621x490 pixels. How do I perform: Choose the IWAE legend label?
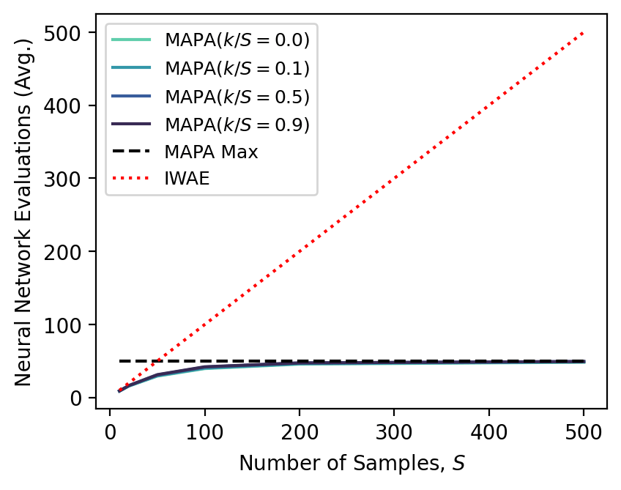pos(187,179)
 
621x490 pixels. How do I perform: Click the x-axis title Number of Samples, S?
pos(352,464)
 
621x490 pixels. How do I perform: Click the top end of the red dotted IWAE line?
pos(584,33)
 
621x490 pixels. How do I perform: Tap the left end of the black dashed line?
pos(119,361)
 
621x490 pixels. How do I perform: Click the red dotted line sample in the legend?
pos(132,179)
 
